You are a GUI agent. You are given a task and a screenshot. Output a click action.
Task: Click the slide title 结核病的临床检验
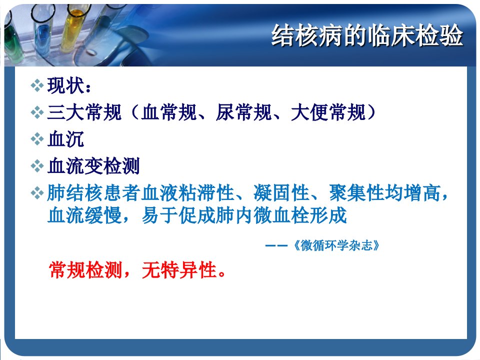367,35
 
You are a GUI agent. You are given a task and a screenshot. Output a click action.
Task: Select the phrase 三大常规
84,112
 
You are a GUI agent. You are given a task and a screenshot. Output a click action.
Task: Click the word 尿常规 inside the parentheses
243,112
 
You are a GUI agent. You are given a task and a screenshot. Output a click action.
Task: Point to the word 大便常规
328,112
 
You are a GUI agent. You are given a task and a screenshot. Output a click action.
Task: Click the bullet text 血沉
66,139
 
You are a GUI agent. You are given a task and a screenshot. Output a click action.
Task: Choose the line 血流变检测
93,166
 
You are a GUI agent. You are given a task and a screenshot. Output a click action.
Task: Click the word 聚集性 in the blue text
356,193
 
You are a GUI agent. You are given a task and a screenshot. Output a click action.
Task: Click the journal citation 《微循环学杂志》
336,245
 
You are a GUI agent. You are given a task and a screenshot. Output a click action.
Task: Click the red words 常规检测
85,270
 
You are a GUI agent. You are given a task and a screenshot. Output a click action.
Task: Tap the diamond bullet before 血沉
37,139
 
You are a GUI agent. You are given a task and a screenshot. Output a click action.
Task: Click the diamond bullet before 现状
37,85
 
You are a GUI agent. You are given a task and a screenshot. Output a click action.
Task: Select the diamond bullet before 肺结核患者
37,193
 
